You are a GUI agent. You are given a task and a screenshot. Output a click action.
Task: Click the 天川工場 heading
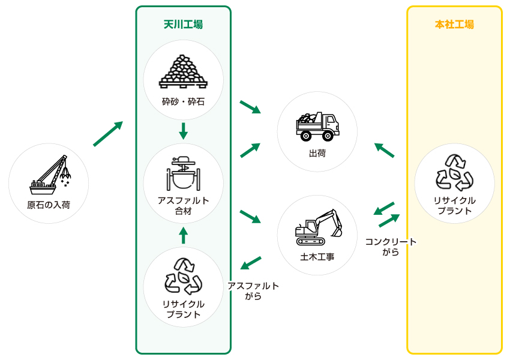click(x=183, y=25)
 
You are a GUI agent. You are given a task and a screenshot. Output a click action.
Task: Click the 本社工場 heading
click(x=454, y=25)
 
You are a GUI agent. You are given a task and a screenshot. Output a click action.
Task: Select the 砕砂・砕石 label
click(x=183, y=101)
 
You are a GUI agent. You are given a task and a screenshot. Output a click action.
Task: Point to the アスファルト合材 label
click(x=183, y=206)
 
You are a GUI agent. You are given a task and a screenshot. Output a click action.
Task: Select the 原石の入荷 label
click(x=49, y=205)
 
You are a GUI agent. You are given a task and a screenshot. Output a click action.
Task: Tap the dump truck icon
click(x=317, y=126)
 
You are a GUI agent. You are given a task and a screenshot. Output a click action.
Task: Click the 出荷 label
click(x=317, y=154)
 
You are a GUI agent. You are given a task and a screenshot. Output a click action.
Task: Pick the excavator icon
click(x=318, y=228)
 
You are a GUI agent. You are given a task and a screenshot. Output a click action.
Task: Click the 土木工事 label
click(x=317, y=257)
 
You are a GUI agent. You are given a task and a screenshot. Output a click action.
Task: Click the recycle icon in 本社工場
click(x=454, y=172)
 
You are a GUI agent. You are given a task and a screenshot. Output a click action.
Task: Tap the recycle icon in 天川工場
click(x=183, y=276)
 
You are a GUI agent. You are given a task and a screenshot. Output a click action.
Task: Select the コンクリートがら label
click(x=391, y=247)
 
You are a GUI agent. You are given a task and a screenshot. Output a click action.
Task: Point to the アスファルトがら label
click(x=253, y=291)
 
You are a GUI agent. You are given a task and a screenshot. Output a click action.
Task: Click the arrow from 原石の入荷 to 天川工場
click(x=108, y=134)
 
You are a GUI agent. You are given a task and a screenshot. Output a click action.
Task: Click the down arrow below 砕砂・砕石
click(x=183, y=131)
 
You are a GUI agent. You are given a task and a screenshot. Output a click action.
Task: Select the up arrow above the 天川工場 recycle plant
click(x=183, y=235)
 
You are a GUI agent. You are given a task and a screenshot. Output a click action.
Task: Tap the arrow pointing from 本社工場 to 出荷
click(x=384, y=150)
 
